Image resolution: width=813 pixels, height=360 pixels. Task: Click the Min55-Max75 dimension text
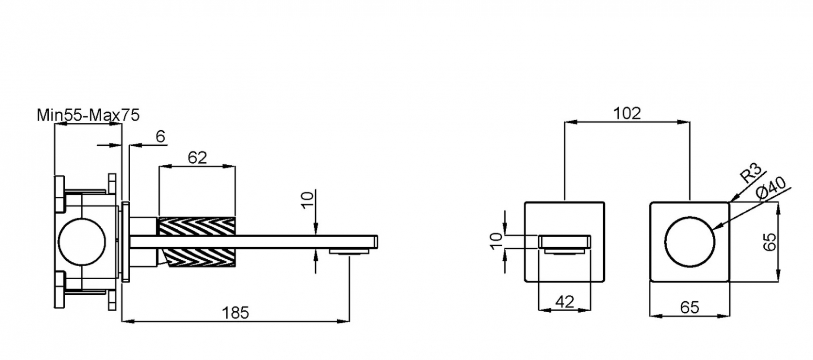88,115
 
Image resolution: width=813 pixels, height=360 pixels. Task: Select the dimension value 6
161,136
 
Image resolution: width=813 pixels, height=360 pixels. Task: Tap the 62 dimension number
197,157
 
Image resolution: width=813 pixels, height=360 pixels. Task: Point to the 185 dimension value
236,313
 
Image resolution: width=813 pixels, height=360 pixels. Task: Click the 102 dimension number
627,114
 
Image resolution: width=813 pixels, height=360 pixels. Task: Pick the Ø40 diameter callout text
771,188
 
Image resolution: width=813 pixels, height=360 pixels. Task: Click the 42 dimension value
565,302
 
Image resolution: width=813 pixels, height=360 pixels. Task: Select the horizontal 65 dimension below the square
690,308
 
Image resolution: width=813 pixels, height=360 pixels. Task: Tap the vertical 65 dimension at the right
769,241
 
